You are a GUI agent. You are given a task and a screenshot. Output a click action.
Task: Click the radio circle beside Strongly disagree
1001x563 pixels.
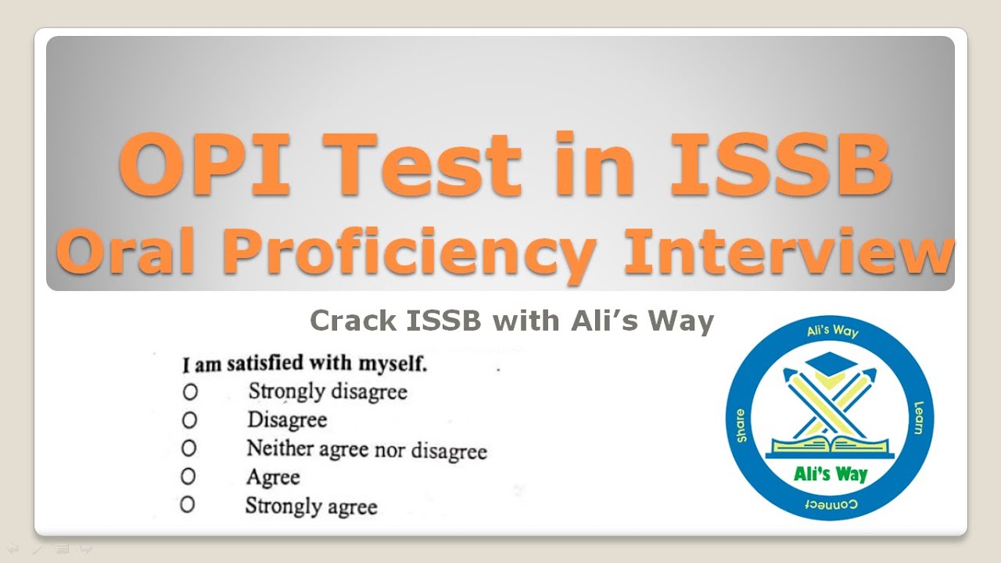(189, 391)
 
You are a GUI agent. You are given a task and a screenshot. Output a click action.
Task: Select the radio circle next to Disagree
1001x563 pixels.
(189, 421)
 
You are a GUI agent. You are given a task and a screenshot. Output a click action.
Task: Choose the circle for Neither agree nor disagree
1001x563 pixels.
(189, 448)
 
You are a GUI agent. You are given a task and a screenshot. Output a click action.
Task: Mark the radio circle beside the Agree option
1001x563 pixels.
(188, 475)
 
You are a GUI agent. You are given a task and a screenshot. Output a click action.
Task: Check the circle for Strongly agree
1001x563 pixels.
(187, 504)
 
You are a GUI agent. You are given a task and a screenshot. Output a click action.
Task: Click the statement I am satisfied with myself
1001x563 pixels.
(304, 364)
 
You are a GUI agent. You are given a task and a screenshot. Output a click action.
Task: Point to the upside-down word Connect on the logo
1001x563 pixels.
(831, 503)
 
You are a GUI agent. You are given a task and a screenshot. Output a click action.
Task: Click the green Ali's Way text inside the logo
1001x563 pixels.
(830, 474)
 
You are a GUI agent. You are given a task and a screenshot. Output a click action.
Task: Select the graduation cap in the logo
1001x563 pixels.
(830, 364)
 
